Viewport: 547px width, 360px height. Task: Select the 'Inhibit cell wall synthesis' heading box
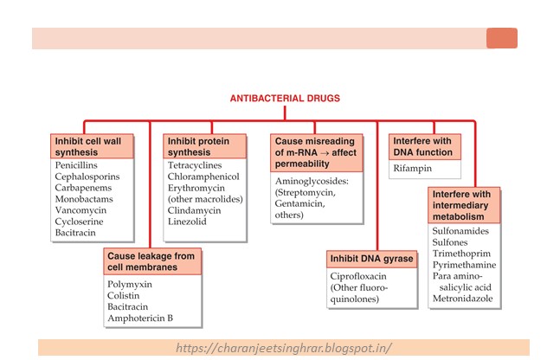point(92,145)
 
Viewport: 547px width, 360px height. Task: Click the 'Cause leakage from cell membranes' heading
point(152,261)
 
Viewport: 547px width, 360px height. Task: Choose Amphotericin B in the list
point(140,318)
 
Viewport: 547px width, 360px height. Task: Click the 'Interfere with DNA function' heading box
point(425,145)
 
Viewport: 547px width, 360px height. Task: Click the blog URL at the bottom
point(283,348)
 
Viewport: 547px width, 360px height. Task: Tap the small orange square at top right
point(502,38)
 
